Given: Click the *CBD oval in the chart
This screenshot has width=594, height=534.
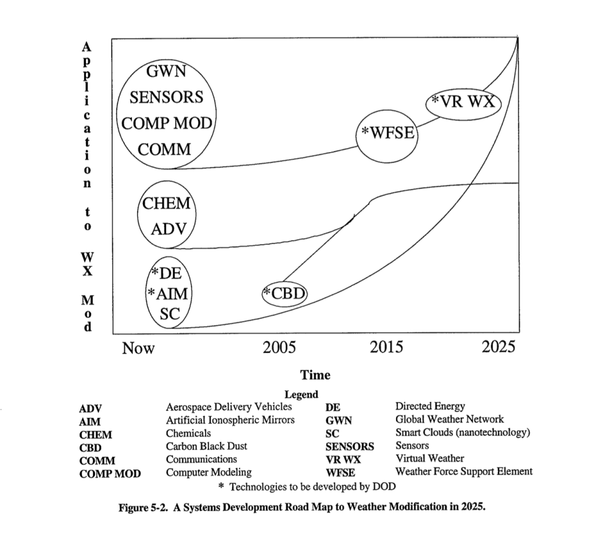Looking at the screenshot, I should tap(284, 293).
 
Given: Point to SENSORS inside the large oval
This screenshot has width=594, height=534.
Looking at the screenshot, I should tap(166, 98).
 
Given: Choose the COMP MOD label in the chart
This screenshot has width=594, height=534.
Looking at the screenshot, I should tap(167, 124).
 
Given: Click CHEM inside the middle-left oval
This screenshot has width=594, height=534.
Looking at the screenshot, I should tap(166, 203).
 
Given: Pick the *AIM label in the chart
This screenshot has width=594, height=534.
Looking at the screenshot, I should tap(168, 293).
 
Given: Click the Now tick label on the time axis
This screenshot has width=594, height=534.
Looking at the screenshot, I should tap(138, 348).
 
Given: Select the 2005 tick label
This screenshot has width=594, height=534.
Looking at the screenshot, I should tap(280, 348).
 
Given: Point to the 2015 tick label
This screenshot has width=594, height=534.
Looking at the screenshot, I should tap(387, 348).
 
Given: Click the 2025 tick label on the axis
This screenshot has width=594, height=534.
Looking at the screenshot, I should tap(499, 348).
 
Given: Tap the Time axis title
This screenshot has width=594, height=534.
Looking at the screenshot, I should tap(315, 375).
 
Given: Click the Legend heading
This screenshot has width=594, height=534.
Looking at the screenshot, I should tap(301, 395).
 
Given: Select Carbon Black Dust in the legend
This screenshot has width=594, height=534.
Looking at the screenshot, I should tap(206, 446).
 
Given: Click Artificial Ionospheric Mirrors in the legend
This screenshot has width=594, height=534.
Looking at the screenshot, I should tap(230, 420).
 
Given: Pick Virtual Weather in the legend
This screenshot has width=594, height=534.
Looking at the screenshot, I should tap(430, 459).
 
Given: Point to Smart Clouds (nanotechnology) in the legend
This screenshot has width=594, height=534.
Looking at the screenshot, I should tap(463, 433).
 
